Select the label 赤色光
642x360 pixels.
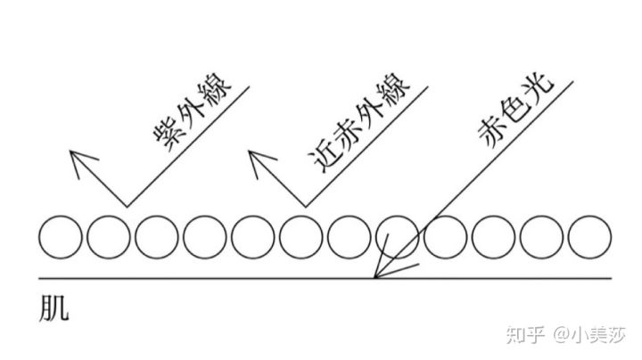coord(516,110)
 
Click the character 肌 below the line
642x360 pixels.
coord(54,308)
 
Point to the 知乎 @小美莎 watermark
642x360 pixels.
coord(566,335)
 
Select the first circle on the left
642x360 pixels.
coord(61,237)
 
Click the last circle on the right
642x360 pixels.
coord(589,237)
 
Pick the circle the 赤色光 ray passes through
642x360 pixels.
coord(397,237)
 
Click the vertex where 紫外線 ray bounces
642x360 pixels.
coord(127,207)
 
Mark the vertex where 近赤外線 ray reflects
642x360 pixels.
coord(306,207)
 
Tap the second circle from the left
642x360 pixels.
coord(109,237)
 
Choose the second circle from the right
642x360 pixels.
coord(542,237)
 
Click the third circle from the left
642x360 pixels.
coord(157,237)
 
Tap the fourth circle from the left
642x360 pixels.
coord(205,237)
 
